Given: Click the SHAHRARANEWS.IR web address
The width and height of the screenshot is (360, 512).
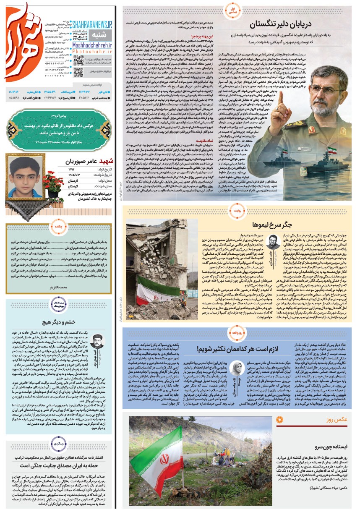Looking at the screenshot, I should click(x=92, y=25).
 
